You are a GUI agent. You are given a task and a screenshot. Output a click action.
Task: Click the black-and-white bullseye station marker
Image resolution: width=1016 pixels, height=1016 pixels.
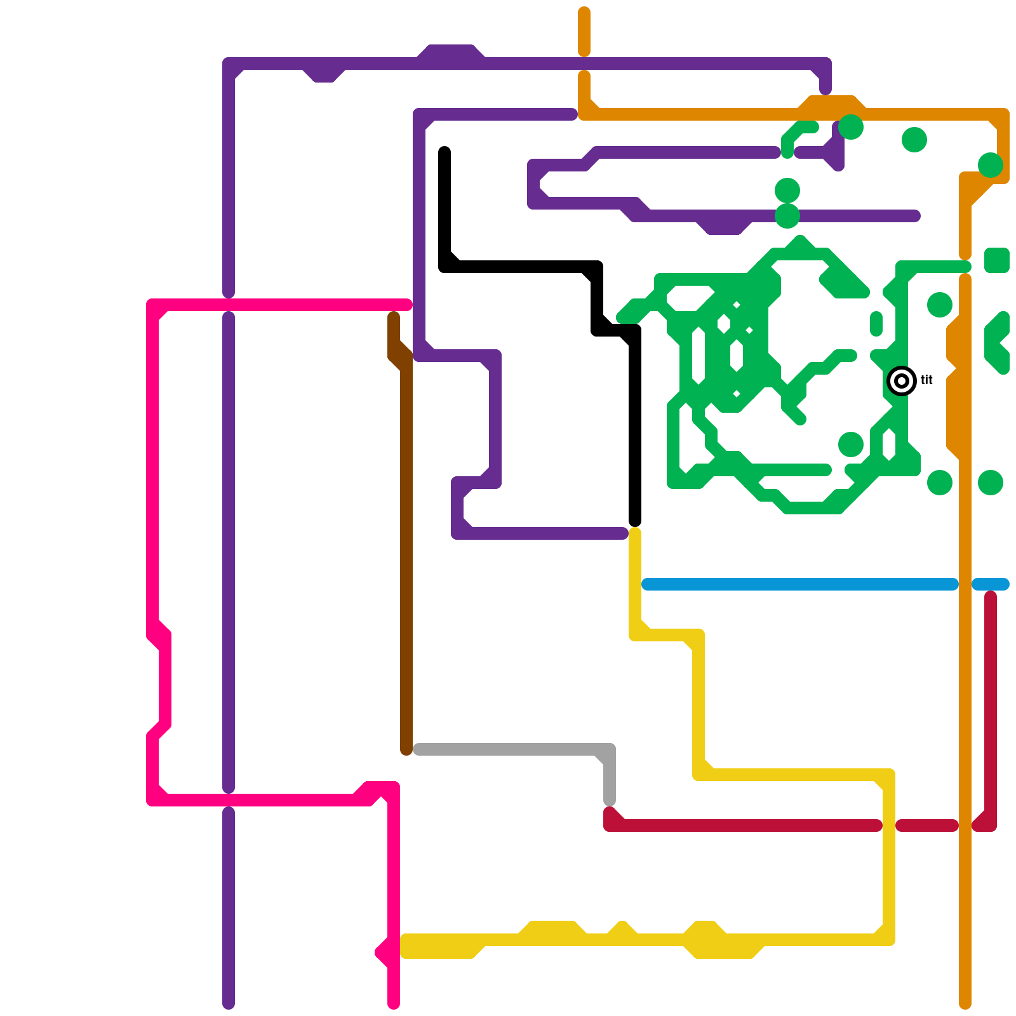[902, 381]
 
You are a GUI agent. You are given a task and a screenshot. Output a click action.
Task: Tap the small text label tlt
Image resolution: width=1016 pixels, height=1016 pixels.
[926, 380]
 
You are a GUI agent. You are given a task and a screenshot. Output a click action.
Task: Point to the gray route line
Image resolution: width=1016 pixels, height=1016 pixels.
[508, 749]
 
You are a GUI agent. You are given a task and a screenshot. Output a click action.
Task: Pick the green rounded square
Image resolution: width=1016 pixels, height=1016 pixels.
[997, 260]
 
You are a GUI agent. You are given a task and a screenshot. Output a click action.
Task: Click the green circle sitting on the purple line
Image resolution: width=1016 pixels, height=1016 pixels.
[787, 216]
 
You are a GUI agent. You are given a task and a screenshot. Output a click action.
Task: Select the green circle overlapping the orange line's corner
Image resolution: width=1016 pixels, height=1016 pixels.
[991, 165]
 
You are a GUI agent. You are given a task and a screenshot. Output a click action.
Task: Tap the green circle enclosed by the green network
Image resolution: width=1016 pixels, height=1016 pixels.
[851, 444]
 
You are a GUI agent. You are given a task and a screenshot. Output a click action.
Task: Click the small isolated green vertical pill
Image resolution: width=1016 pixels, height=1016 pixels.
[876, 324]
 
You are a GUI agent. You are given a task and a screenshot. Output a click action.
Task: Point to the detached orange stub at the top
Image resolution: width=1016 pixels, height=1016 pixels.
[584, 32]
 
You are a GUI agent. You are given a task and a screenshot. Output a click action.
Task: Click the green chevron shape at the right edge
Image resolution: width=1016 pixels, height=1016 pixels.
[998, 343]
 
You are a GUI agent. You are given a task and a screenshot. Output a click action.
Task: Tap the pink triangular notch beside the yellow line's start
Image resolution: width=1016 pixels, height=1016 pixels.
[384, 952]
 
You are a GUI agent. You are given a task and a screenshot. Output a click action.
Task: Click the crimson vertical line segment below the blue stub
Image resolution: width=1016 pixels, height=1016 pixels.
[991, 698]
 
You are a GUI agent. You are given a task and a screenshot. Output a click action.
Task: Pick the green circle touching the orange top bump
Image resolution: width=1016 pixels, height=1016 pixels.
[851, 127]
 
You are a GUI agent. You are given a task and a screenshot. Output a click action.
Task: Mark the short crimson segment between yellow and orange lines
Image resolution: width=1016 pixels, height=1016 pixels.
[927, 825]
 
